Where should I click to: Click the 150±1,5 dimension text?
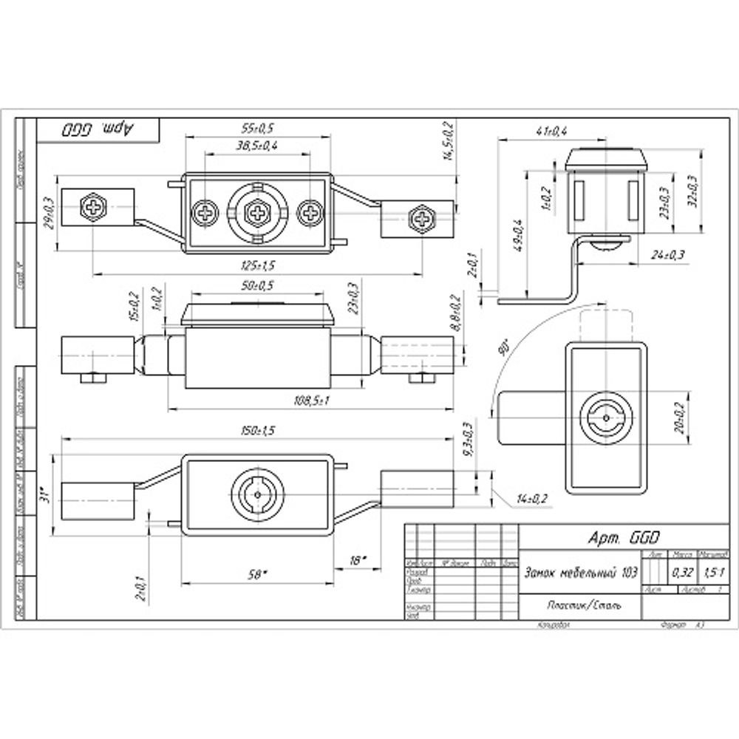pos(259,430)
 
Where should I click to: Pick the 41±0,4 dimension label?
pos(551,131)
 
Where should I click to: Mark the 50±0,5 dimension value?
pos(257,285)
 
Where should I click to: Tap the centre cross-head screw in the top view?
pos(257,214)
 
